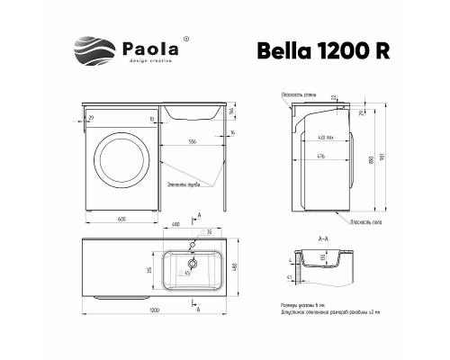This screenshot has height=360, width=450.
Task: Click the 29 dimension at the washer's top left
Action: click(x=90, y=118)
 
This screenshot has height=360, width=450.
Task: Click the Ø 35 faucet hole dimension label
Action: click(x=209, y=232)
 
